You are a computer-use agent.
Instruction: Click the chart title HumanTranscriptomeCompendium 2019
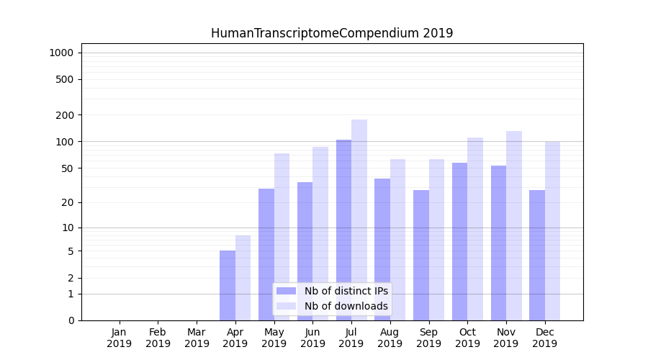(x=332, y=33)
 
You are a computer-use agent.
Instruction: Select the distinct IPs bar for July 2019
(x=343, y=230)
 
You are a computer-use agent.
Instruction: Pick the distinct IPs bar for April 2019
(x=228, y=285)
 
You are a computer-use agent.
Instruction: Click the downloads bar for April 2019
(x=243, y=278)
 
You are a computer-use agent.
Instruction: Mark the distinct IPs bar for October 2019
(x=459, y=241)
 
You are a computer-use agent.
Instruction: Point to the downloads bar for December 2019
(x=552, y=230)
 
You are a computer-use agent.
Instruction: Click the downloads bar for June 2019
(x=320, y=233)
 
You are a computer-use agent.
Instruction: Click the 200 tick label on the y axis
(x=65, y=115)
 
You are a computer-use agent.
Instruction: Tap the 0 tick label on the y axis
(x=71, y=320)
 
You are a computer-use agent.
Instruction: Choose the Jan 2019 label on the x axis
(x=120, y=338)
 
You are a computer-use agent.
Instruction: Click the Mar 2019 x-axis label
(x=197, y=338)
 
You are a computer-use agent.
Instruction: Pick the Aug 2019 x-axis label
(x=390, y=338)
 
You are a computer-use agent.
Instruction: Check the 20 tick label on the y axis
(x=68, y=202)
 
